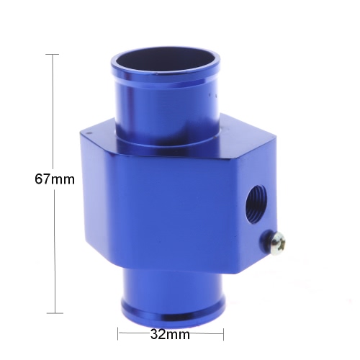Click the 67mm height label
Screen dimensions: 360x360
(55, 179)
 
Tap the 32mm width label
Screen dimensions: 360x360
(170, 334)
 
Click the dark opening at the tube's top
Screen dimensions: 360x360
(166, 63)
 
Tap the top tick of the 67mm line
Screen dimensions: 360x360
(53, 55)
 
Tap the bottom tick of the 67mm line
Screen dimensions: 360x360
(55, 313)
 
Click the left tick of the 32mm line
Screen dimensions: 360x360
(118, 333)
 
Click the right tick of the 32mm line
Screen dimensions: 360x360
(223, 334)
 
